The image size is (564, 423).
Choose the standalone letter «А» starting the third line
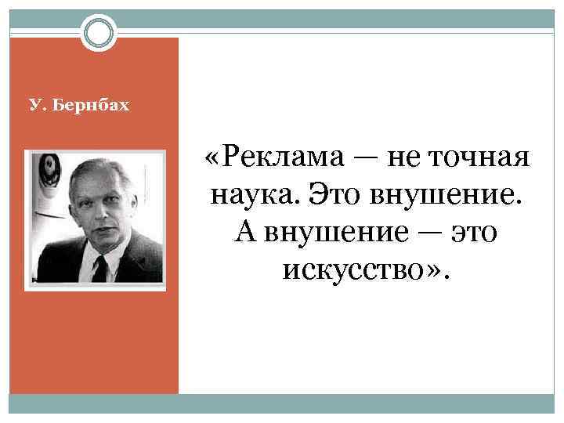click(x=242, y=232)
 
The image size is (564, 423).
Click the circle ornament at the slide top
click(x=99, y=33)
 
